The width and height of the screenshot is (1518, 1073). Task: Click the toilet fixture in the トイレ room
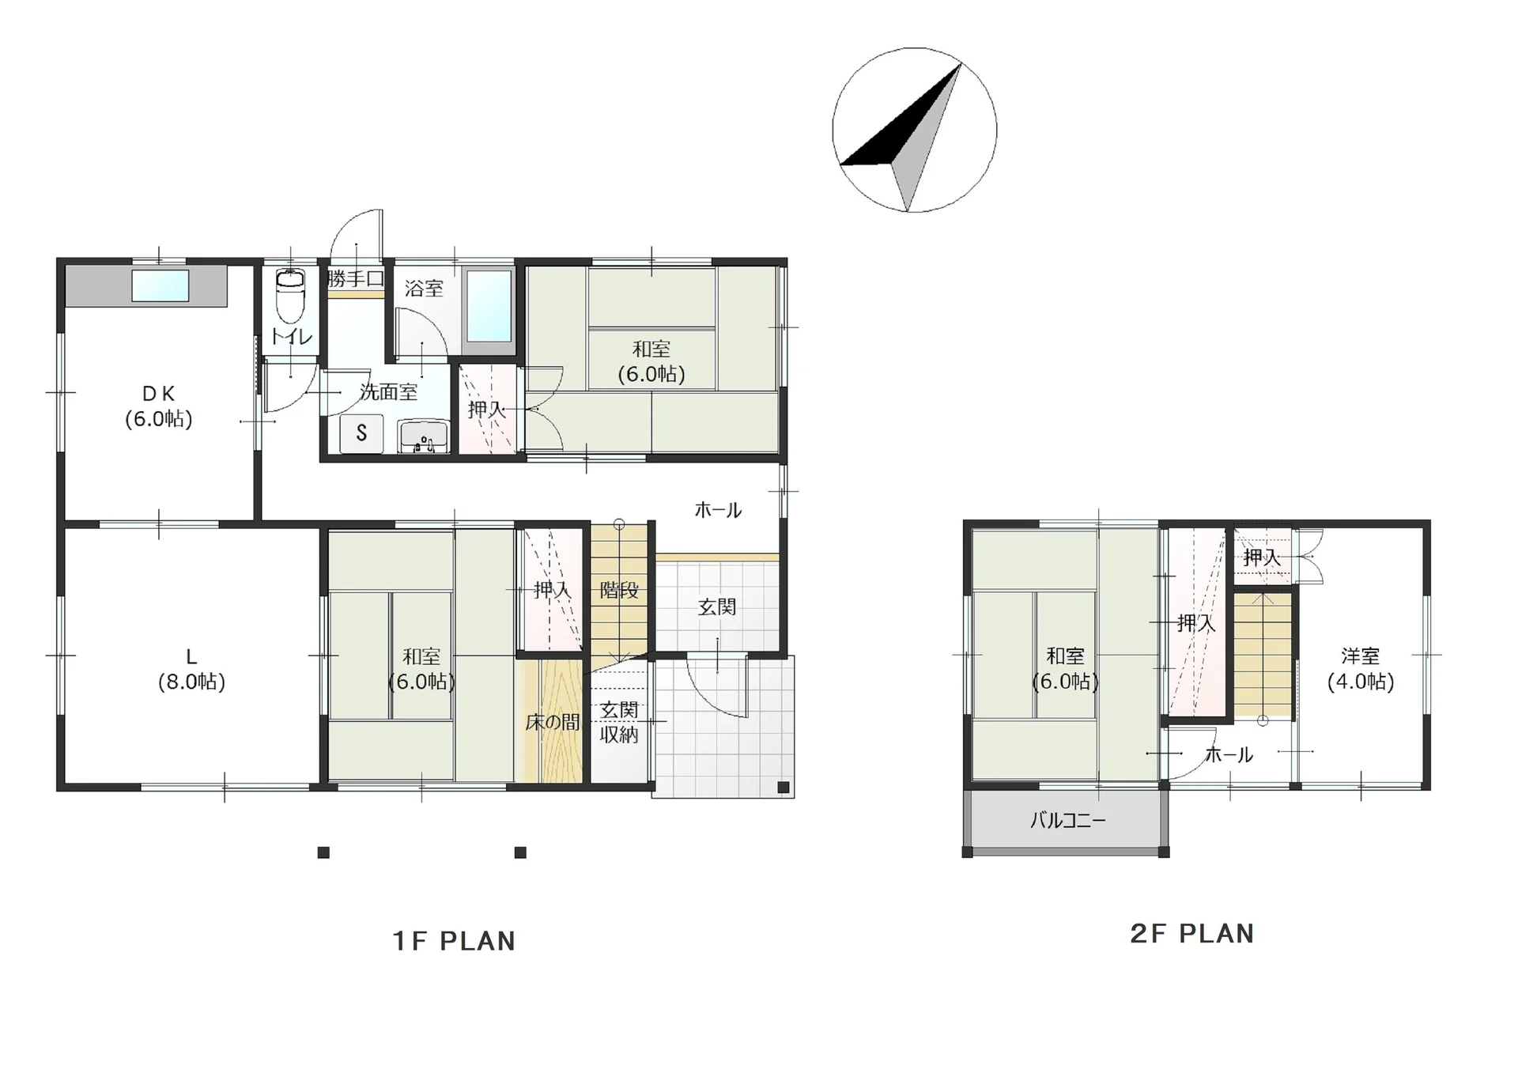click(290, 295)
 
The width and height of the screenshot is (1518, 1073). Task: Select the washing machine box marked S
click(361, 433)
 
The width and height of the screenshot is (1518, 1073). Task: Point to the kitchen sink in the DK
click(160, 285)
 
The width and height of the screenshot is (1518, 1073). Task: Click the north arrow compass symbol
click(914, 130)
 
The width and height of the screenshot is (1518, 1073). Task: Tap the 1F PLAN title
click(454, 941)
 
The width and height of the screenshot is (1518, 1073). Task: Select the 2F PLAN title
click(1192, 934)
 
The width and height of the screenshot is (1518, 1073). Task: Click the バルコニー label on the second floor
click(1067, 821)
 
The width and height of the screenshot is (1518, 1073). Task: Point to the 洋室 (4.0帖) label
click(1361, 669)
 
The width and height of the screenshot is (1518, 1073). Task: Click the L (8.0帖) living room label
click(191, 670)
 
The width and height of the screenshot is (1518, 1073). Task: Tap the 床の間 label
click(553, 722)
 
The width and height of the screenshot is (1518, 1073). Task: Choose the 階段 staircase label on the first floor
click(619, 590)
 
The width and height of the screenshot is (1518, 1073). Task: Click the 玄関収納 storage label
click(619, 722)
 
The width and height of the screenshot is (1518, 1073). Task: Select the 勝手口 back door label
click(356, 279)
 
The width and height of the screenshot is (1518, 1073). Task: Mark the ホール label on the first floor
click(718, 510)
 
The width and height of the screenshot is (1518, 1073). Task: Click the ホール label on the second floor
click(1229, 755)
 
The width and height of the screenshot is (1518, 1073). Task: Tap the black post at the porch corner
click(783, 787)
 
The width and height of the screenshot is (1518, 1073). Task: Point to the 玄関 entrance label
click(717, 606)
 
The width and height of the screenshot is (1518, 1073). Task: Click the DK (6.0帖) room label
click(159, 406)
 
